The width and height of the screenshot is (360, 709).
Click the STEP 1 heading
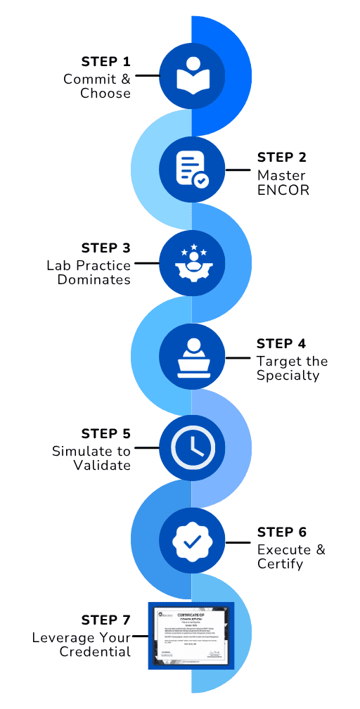[105, 61]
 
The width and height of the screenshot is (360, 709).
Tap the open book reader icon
[191, 75]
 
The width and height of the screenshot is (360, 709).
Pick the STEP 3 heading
[105, 248]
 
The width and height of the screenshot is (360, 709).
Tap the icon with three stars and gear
[191, 262]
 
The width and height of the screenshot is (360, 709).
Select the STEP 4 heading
[281, 344]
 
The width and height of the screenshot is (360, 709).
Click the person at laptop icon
[191, 356]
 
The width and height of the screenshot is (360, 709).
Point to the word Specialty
[288, 376]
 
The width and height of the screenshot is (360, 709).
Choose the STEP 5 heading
[105, 434]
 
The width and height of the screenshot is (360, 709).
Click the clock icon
[191, 449]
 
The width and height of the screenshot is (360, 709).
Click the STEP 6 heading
[281, 532]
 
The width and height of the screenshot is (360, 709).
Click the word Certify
[281, 564]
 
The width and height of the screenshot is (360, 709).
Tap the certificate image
[191, 635]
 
